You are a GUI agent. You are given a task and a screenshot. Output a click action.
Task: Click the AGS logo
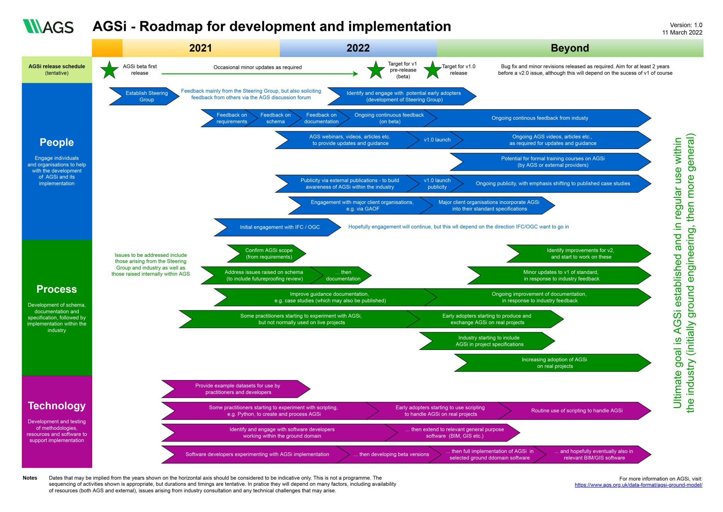tap(48, 26)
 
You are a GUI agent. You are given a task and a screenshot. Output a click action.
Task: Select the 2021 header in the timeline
tap(201, 48)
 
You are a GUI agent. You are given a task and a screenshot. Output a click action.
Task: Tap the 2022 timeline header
tap(358, 48)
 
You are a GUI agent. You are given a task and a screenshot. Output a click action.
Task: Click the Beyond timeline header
tap(569, 48)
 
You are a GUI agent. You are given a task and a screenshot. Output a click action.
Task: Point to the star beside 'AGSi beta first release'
tap(109, 70)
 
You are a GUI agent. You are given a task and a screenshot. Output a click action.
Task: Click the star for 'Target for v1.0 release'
tap(432, 70)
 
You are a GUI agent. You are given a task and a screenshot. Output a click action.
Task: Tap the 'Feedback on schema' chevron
tap(275, 118)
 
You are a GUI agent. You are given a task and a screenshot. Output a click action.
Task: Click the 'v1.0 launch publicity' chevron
tap(437, 184)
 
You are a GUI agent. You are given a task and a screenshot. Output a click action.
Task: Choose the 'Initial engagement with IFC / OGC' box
tap(279, 227)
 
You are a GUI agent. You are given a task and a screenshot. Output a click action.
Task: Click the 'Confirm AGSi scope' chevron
tap(269, 254)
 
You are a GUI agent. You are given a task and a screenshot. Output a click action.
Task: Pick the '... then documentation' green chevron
tap(343, 275)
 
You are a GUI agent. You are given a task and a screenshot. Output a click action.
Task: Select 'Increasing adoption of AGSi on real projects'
tap(554, 363)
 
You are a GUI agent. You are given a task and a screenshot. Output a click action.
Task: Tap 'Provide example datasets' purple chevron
tap(238, 389)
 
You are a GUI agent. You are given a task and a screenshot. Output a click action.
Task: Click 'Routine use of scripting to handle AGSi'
tap(576, 411)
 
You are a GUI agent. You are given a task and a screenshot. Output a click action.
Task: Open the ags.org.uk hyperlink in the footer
tap(638, 485)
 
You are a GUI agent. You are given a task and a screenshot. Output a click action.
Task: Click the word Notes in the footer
tap(30, 478)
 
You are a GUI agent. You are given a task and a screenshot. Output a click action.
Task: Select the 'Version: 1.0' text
tap(686, 25)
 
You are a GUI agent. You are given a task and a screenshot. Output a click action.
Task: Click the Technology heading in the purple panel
tap(57, 406)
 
